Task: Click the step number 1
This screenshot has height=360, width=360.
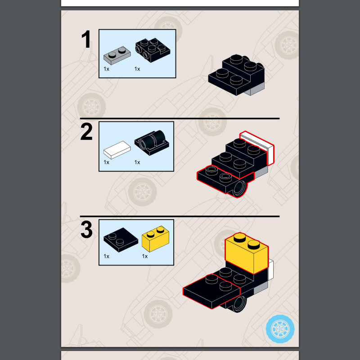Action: click(x=86, y=40)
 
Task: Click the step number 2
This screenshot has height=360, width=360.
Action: click(x=86, y=132)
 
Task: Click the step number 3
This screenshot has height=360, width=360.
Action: click(x=86, y=230)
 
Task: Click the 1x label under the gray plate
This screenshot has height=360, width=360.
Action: click(x=107, y=69)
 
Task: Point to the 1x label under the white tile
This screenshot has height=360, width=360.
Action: click(x=107, y=162)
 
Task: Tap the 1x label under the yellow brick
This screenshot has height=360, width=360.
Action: click(x=145, y=256)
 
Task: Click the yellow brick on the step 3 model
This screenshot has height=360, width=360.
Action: click(x=247, y=254)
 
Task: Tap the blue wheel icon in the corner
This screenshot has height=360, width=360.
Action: click(x=280, y=329)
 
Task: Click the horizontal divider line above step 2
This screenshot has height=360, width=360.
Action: click(x=180, y=118)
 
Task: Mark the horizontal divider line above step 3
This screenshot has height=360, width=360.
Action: click(x=180, y=216)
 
